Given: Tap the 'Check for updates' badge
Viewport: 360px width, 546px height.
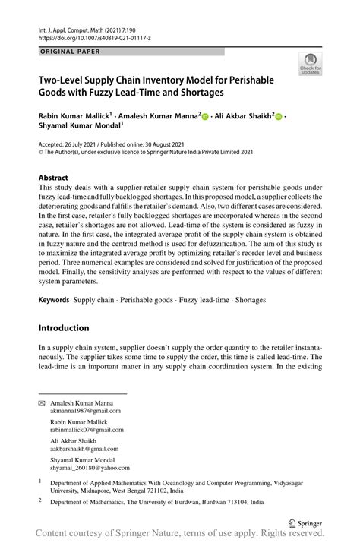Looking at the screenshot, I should pos(311,65).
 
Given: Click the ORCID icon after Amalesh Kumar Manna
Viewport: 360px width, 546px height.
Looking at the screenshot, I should pos(206,117).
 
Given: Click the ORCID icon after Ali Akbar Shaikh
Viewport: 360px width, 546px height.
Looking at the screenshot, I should pos(278,117).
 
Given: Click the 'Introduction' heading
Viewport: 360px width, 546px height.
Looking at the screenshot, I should pos(64,328).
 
